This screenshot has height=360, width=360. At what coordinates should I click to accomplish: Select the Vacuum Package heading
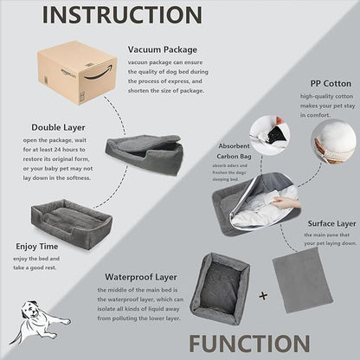[x=161, y=50]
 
